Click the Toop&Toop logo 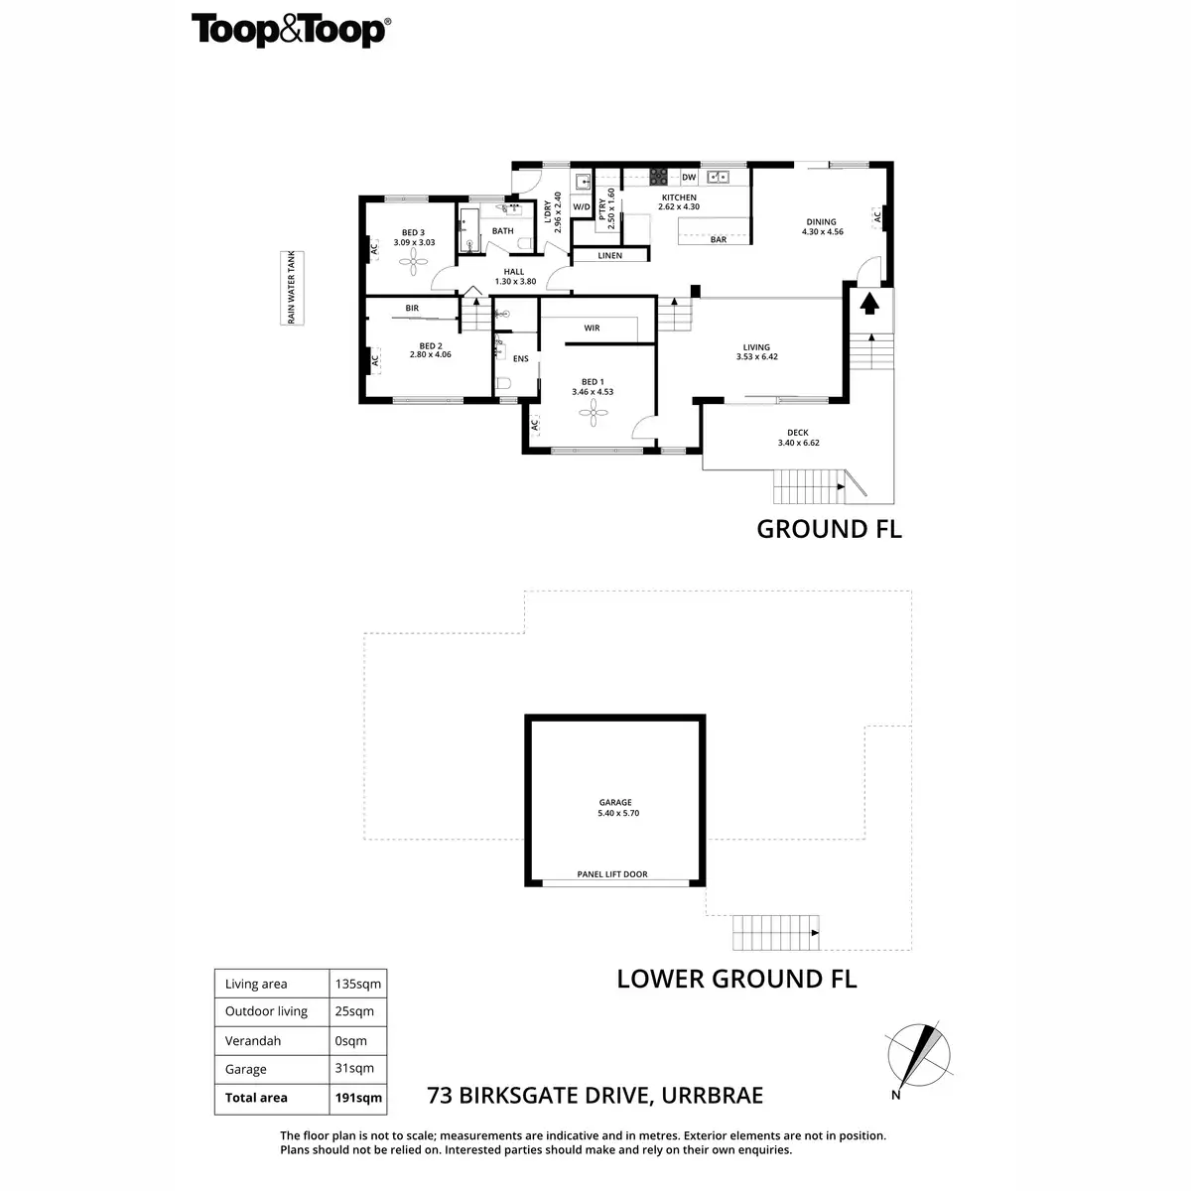pyautogui.click(x=289, y=30)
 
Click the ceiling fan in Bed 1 pyautogui.click(x=593, y=411)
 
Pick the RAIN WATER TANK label pyautogui.click(x=292, y=287)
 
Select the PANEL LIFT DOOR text pyautogui.click(x=612, y=874)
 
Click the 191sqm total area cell pyautogui.click(x=357, y=1098)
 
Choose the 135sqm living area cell pyautogui.click(x=357, y=984)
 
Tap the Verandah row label pyautogui.click(x=253, y=1041)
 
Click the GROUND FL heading pyautogui.click(x=829, y=528)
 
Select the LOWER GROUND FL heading pyautogui.click(x=736, y=979)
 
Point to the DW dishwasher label pyautogui.click(x=689, y=177)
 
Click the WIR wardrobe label pyautogui.click(x=592, y=328)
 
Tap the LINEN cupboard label pyautogui.click(x=610, y=255)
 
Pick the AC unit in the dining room pyautogui.click(x=876, y=216)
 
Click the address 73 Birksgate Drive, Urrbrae pyautogui.click(x=595, y=1096)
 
